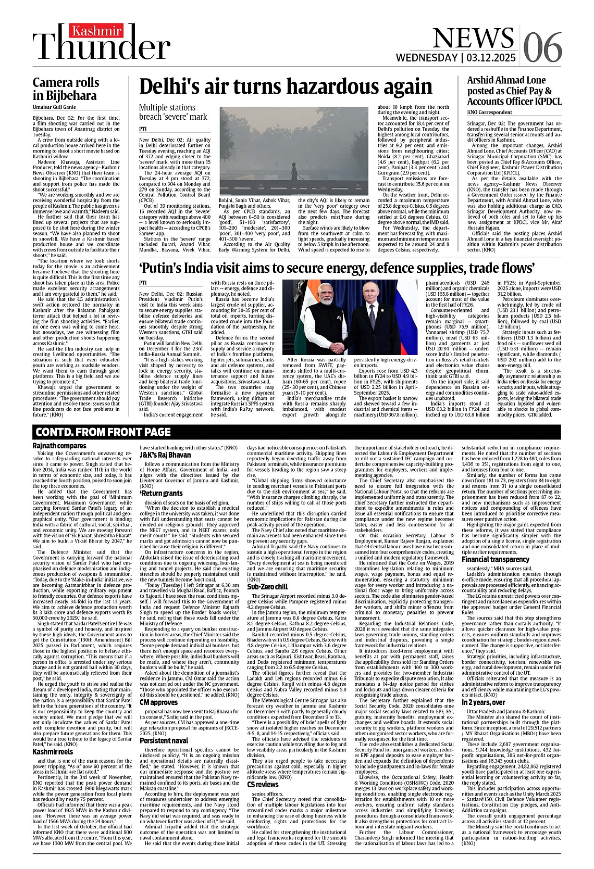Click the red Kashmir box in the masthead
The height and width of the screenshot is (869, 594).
tap(97, 31)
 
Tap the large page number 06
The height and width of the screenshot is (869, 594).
tap(542, 48)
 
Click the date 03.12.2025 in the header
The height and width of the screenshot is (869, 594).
tap(491, 58)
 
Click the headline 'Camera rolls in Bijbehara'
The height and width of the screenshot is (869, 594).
tap(65, 89)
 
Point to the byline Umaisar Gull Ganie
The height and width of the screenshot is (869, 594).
tap(54, 107)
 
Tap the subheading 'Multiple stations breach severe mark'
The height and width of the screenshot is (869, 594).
tap(173, 112)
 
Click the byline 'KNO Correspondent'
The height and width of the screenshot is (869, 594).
tap(489, 112)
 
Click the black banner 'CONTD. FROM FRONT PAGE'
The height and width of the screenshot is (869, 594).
tap(103, 432)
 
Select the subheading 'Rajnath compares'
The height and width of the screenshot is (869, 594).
tap(59, 446)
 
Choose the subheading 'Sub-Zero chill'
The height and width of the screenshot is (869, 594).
tap(268, 587)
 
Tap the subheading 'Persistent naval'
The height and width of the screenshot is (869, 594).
tap(164, 740)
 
